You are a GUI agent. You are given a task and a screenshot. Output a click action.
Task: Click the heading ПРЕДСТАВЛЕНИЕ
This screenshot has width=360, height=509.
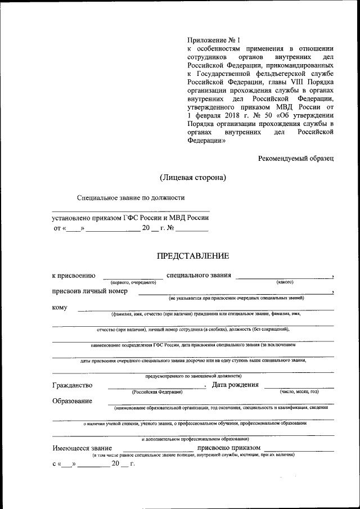click(x=192, y=256)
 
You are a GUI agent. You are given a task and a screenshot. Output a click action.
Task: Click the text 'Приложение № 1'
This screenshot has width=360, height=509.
click(x=213, y=40)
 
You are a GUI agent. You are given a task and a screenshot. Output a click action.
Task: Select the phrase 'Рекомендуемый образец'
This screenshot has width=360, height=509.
click(x=296, y=159)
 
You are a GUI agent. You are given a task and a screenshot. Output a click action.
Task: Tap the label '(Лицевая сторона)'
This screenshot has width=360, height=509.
click(x=192, y=178)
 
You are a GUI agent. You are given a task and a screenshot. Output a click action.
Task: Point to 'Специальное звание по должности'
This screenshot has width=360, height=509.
click(x=130, y=197)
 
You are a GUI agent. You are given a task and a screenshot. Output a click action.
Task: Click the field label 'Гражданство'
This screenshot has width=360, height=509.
click(x=73, y=385)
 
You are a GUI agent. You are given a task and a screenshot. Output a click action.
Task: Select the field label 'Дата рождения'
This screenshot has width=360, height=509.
click(x=235, y=385)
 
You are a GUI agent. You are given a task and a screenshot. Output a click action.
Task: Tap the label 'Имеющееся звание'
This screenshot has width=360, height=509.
click(x=82, y=448)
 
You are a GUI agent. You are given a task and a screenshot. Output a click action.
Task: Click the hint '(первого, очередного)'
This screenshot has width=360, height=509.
click(x=133, y=282)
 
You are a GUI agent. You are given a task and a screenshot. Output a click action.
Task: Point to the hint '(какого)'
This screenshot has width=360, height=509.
click(x=285, y=282)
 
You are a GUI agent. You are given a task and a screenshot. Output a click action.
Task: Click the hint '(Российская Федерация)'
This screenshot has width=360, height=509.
click(x=156, y=391)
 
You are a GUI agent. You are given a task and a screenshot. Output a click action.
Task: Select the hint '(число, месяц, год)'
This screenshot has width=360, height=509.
click(x=299, y=391)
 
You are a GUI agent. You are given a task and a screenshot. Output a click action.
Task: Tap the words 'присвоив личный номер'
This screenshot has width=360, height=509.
click(x=89, y=291)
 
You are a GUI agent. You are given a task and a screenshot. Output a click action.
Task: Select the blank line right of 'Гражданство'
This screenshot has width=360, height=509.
click(x=156, y=387)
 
